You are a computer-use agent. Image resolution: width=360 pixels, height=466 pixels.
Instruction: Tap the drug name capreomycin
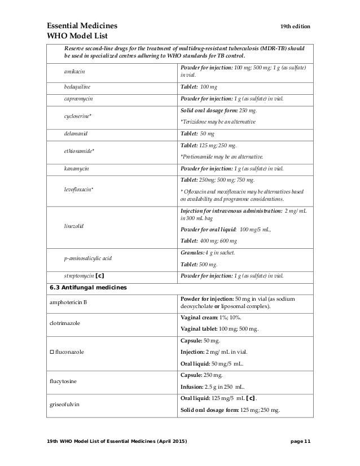78,99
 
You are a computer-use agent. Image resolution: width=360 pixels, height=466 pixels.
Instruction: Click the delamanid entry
77,134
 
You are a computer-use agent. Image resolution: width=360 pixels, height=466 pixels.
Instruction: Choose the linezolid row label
74,226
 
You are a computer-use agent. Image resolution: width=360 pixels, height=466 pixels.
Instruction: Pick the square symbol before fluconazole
52,353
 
